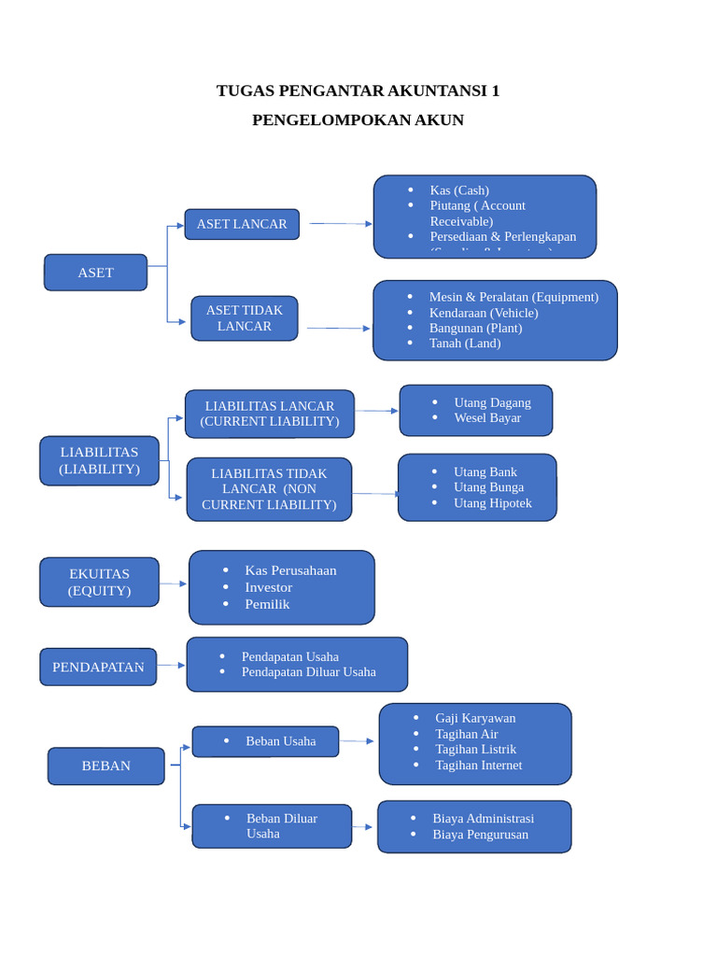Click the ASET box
coord(95,273)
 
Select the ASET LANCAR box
coord(242,224)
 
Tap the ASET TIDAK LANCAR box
coord(245,318)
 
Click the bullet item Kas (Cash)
coord(459,190)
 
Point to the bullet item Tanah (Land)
coord(465,344)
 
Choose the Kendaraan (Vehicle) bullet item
coord(484,313)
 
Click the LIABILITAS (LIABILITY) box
coord(99,460)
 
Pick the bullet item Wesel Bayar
coord(487,418)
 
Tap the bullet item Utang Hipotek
coord(493,503)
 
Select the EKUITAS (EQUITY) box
coord(99,582)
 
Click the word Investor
coord(269,587)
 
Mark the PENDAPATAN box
coord(98,667)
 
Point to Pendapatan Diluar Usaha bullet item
coord(308,672)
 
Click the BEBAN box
coord(105,766)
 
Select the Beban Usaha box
coord(265,741)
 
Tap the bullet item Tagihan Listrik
coord(475,749)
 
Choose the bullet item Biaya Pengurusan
coord(480,835)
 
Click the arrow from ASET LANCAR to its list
coord(341,224)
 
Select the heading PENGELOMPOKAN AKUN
coord(358,120)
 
